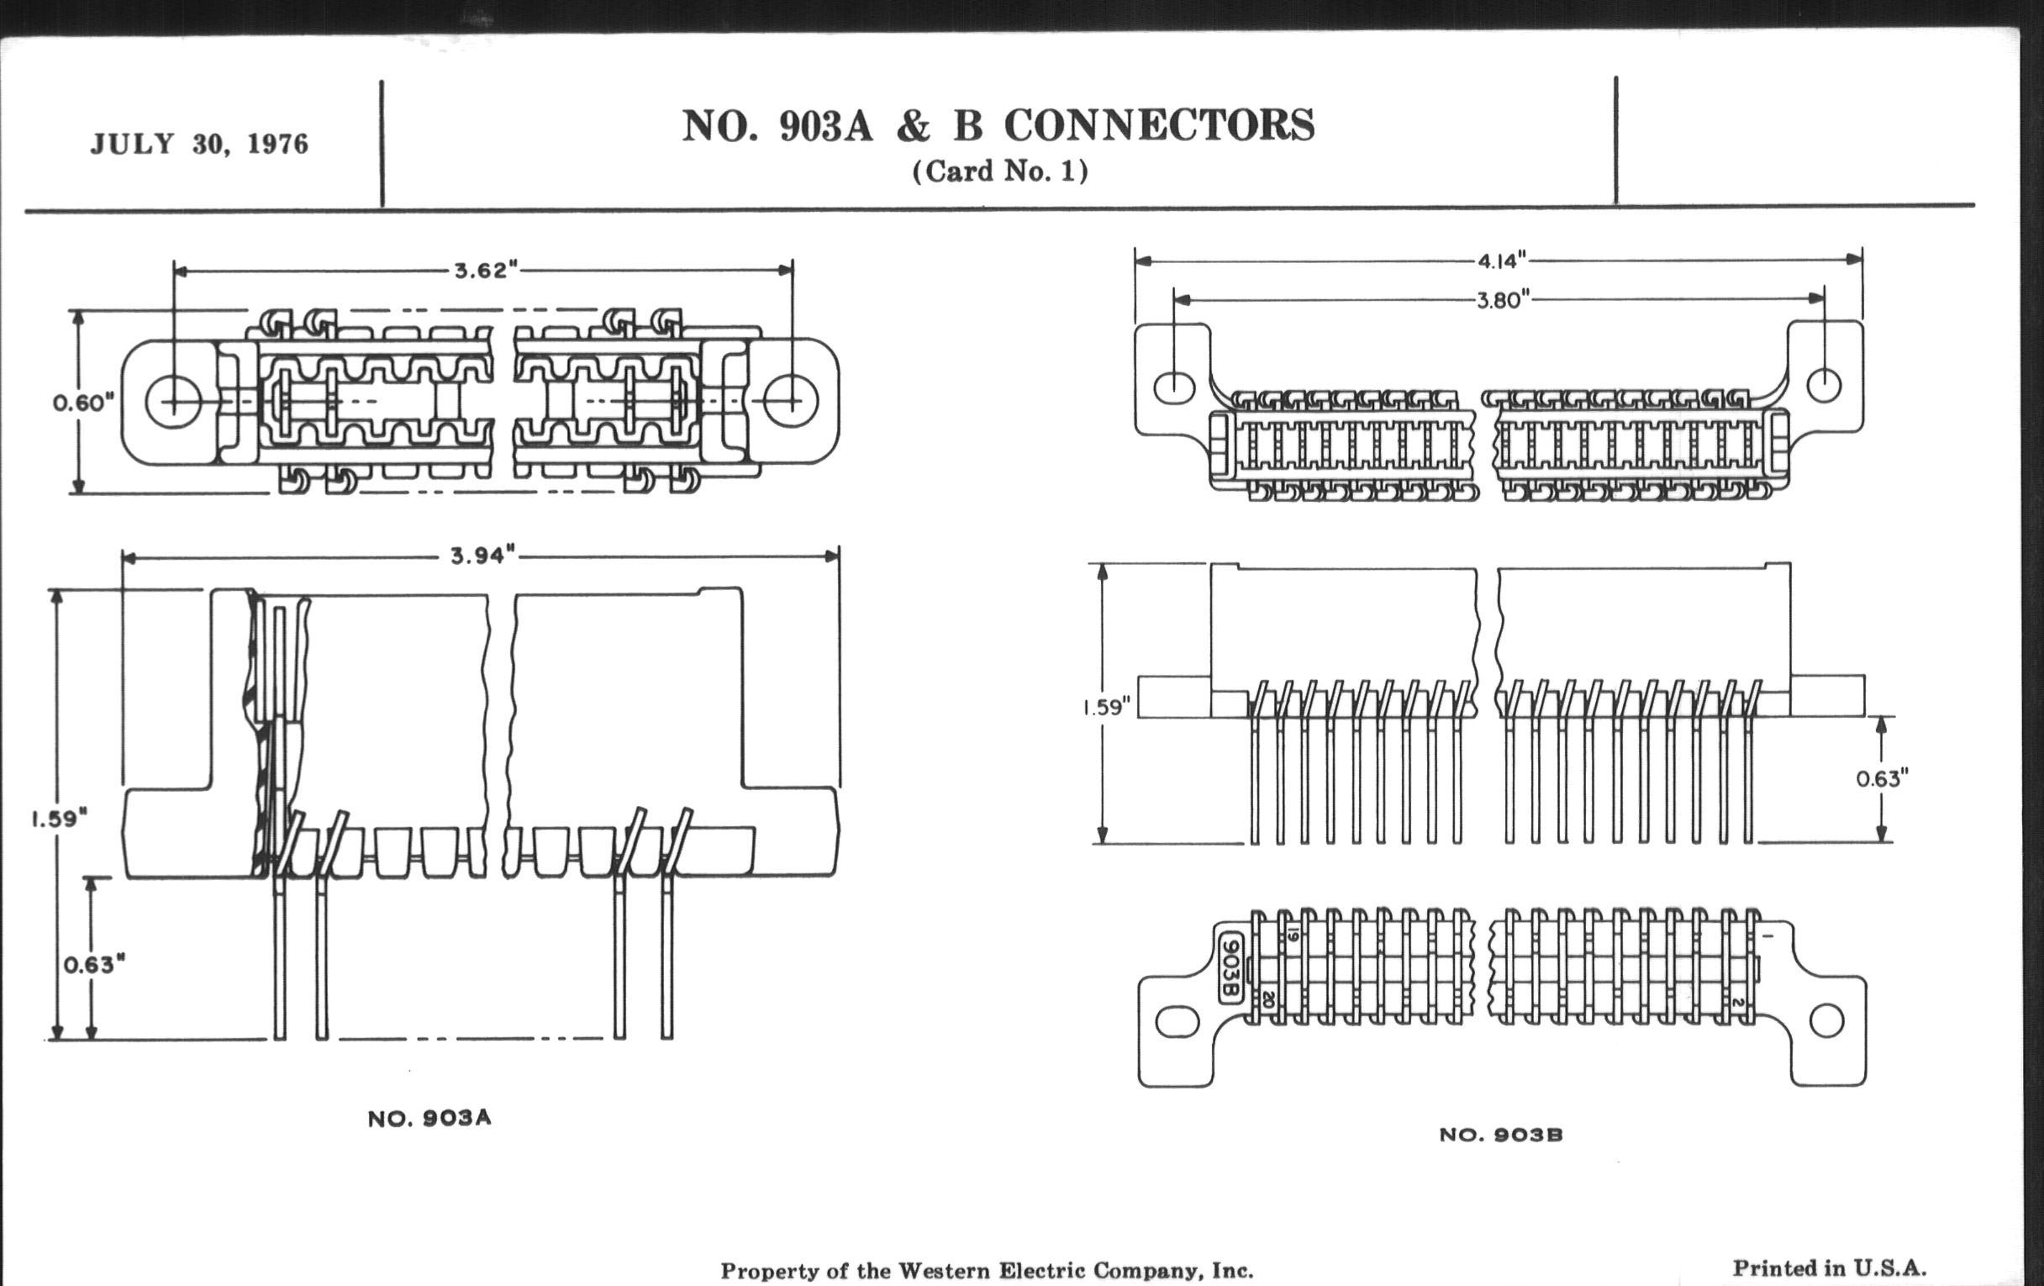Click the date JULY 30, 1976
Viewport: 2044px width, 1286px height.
[x=199, y=144]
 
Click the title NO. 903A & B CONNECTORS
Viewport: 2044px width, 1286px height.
[x=998, y=125]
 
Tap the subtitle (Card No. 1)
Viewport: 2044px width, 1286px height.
[x=1000, y=171]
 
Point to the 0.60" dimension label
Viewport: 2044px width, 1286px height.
[x=83, y=403]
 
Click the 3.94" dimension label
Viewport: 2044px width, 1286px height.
[x=483, y=555]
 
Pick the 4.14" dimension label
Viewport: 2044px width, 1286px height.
[x=1503, y=261]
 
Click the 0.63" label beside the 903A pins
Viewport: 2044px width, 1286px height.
[x=94, y=964]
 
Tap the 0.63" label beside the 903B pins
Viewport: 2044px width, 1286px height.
[x=1882, y=778]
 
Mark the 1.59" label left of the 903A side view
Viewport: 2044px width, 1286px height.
[x=60, y=819]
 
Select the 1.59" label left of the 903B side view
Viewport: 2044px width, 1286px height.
[x=1107, y=707]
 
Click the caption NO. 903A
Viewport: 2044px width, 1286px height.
[x=429, y=1118]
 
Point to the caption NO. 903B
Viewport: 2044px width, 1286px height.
[x=1501, y=1134]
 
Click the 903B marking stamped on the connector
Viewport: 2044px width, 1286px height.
[x=1230, y=967]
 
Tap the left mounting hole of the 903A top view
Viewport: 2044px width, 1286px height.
[x=173, y=402]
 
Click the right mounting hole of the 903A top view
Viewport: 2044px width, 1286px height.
[x=791, y=401]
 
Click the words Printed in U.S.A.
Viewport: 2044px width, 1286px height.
[x=1829, y=1268]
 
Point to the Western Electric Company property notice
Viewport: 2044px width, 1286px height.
[x=987, y=1271]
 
